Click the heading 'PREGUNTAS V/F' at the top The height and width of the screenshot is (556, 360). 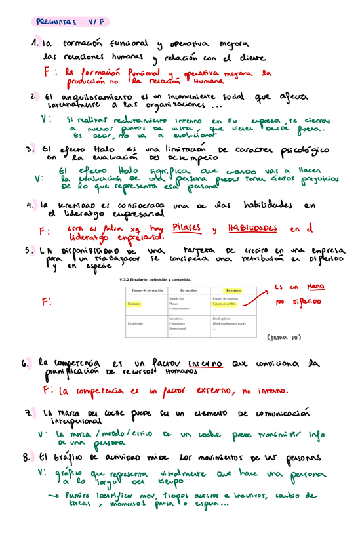click(x=65, y=22)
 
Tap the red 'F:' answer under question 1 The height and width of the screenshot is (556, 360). click(x=49, y=71)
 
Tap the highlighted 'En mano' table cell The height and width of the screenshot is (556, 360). click(x=134, y=304)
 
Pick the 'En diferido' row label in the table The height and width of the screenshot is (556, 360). click(x=136, y=323)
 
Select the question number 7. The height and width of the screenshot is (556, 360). click(x=28, y=414)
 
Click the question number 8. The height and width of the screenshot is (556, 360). click(x=26, y=456)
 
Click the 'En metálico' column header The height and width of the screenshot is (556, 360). click(x=188, y=290)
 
